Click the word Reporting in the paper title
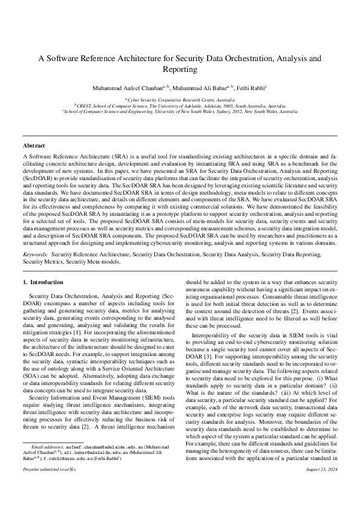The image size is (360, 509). coord(180,70)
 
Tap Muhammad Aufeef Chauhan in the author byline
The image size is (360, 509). coord(124,88)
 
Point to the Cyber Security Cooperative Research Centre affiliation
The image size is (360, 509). coord(180,99)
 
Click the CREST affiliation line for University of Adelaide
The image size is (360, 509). coord(180,105)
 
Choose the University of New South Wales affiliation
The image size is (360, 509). coord(180,112)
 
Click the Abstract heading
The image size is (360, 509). coord(34,146)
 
